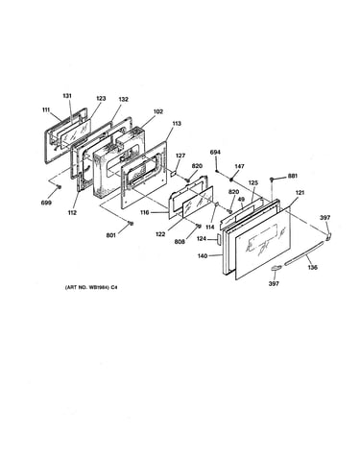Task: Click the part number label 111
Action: [46, 109]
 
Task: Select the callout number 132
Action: [123, 99]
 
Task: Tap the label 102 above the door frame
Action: [158, 111]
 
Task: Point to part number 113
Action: [176, 123]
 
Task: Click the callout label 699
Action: [46, 203]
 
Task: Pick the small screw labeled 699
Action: [59, 187]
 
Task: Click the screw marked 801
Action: [130, 223]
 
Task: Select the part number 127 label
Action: [180, 156]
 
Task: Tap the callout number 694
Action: [215, 153]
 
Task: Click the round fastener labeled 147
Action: [230, 179]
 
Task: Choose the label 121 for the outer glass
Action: [300, 193]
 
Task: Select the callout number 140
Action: [203, 255]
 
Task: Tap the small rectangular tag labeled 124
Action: [219, 239]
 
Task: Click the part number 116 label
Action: [145, 212]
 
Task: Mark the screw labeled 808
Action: [199, 227]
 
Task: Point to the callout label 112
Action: [72, 212]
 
